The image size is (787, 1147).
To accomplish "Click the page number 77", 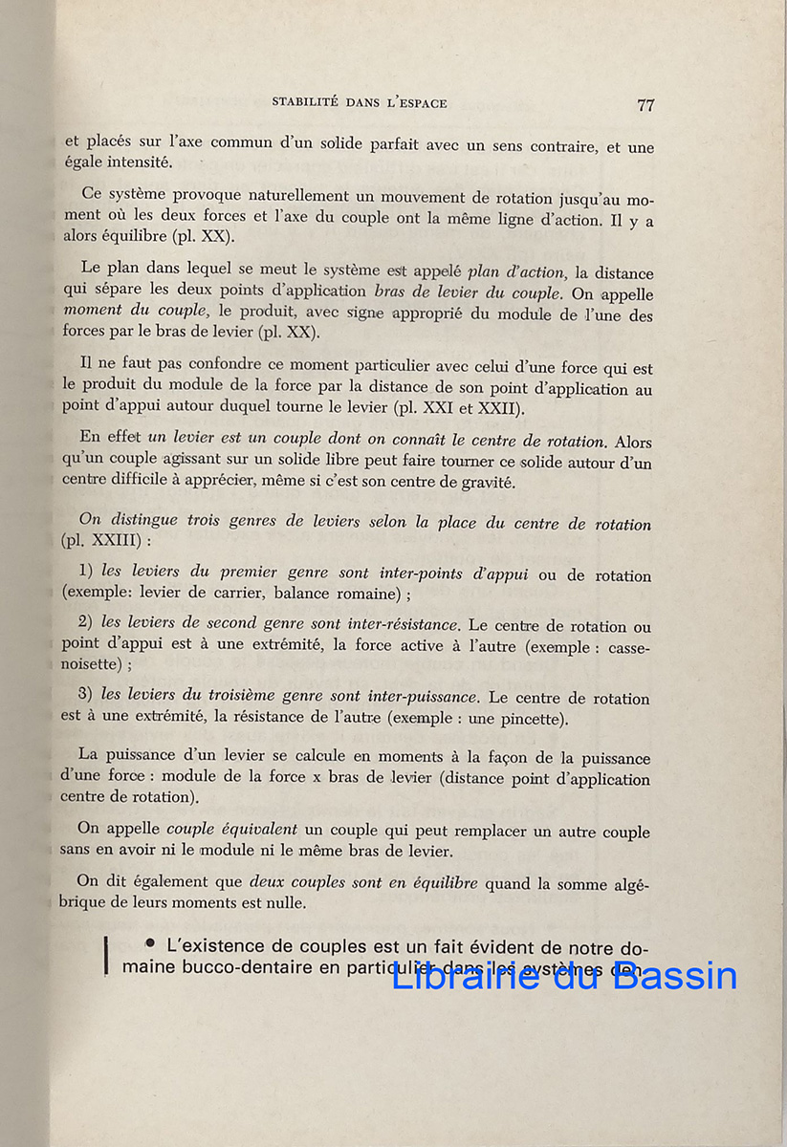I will tap(645, 105).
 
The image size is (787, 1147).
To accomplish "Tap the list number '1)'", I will tap(85, 571).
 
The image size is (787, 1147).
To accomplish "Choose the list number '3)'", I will tap(85, 695).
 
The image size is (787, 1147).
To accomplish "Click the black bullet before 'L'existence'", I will tap(150, 944).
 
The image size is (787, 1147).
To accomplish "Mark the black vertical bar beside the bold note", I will tap(106, 956).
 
